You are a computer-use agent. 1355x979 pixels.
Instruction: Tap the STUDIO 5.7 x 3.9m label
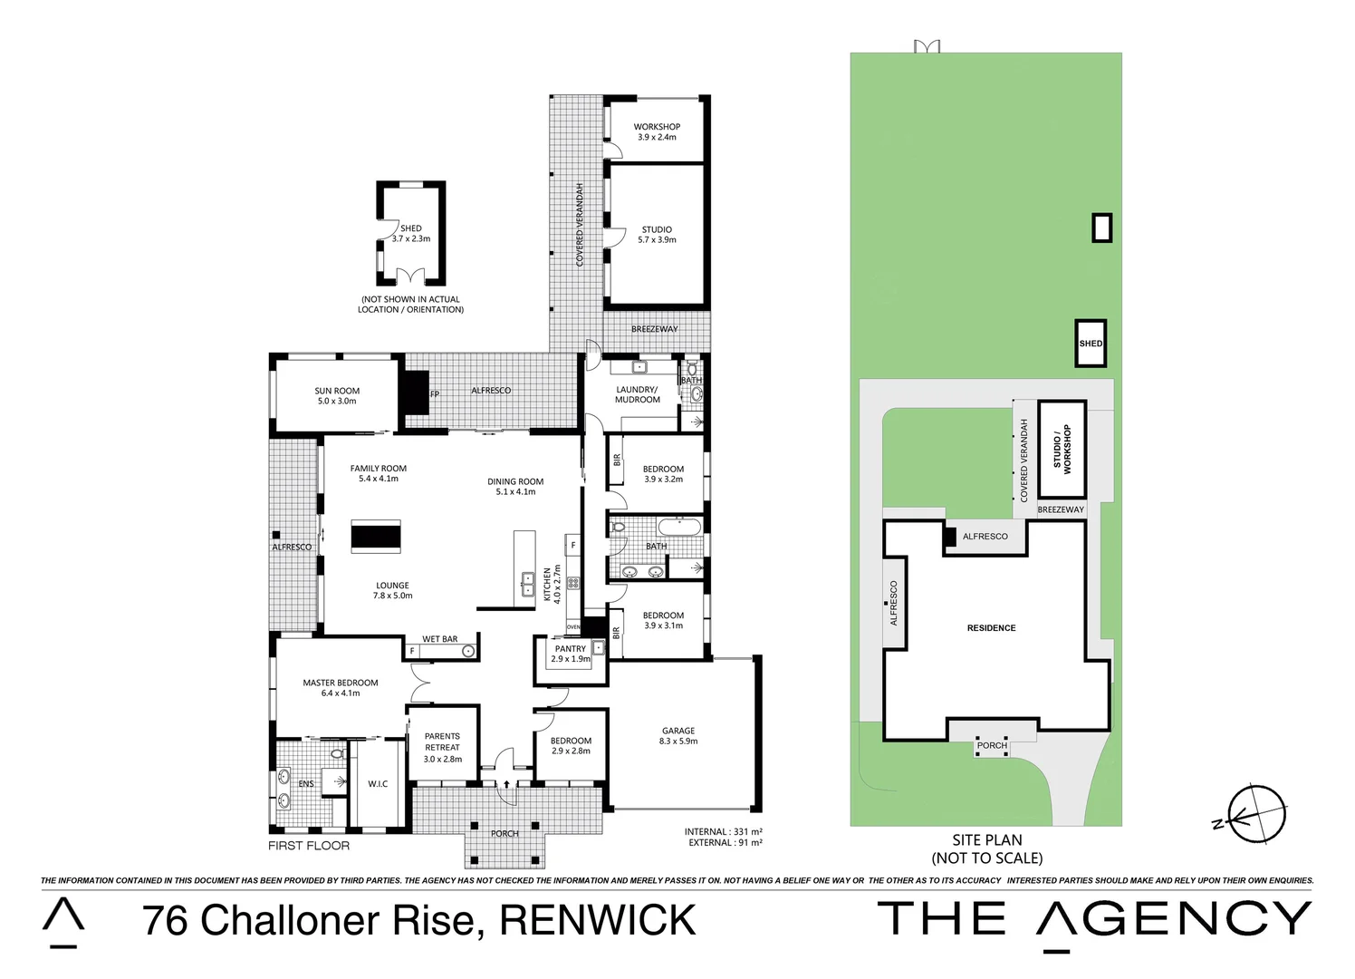(657, 235)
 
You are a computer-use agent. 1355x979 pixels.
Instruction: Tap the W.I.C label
(378, 784)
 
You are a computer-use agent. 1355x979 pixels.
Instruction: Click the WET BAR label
(440, 639)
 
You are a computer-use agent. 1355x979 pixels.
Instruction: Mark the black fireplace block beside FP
(416, 393)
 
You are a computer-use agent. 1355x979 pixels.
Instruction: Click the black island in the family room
(376, 537)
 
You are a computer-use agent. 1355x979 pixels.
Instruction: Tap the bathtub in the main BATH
(679, 527)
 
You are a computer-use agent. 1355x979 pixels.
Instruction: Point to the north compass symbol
(1256, 814)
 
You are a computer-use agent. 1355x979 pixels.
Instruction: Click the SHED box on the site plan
(1091, 344)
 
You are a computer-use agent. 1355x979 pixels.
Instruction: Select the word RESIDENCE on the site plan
(991, 628)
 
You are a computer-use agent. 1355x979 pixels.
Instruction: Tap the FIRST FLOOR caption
(309, 846)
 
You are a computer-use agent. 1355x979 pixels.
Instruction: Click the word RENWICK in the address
(598, 921)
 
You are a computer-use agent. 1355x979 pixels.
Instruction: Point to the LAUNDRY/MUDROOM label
(638, 394)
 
